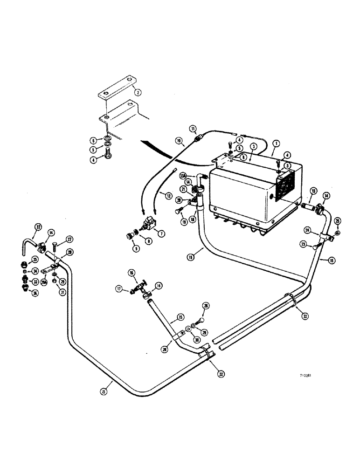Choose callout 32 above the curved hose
(x=38, y=228)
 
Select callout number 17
(x=120, y=289)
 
